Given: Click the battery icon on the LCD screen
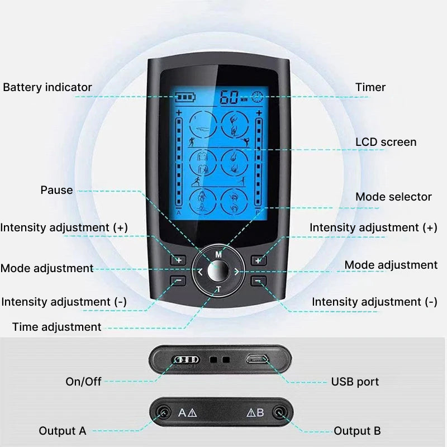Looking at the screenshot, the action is click(x=186, y=97).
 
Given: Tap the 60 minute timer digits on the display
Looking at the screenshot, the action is click(x=229, y=97).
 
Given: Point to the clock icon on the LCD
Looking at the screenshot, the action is click(x=257, y=97).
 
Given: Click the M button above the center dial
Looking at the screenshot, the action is click(x=218, y=254).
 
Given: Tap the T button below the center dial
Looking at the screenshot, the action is click(x=218, y=289).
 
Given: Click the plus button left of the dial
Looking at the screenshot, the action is click(x=178, y=260).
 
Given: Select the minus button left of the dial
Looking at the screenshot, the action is click(x=178, y=281).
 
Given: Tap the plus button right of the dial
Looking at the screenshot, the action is click(x=258, y=260).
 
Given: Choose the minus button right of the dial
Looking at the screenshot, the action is click(x=258, y=281).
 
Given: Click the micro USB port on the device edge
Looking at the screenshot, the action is click(x=257, y=359).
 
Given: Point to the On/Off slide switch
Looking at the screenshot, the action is click(x=186, y=360).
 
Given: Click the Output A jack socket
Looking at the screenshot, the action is click(x=164, y=412).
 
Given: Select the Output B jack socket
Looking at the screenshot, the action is click(x=279, y=412).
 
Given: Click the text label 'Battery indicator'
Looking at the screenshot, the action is click(x=47, y=87).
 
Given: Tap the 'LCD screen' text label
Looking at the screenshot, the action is click(x=386, y=142).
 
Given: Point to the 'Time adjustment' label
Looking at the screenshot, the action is click(x=57, y=327).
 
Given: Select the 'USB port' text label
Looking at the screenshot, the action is click(x=355, y=382).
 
